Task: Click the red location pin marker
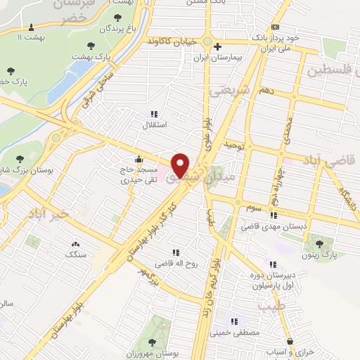click(x=181, y=165)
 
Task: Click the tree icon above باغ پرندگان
click(x=115, y=18)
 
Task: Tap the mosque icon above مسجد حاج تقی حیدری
click(x=139, y=158)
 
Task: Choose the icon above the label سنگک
click(x=75, y=243)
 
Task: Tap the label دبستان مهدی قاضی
click(x=266, y=226)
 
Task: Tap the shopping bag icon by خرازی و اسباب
click(x=290, y=340)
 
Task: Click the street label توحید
click(x=233, y=144)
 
